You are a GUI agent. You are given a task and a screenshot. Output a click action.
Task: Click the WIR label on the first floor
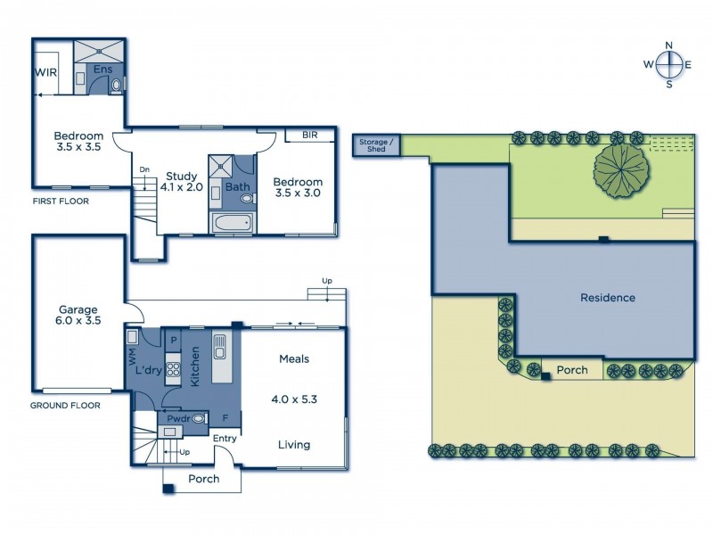[x=46, y=72]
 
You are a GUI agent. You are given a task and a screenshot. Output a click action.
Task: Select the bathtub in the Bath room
[x=232, y=221]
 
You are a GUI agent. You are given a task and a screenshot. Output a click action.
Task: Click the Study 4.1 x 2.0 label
[x=182, y=181]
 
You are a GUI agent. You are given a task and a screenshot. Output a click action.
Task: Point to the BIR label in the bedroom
[x=310, y=136]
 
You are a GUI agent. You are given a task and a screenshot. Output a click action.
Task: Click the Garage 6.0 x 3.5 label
[x=79, y=317]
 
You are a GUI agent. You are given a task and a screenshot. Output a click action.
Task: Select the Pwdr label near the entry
[x=176, y=417]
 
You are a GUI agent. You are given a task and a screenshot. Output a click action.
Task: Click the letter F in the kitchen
[x=225, y=416]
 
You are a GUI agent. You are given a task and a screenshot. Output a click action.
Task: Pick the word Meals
[x=294, y=358]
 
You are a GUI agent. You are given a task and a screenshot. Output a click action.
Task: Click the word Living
[x=293, y=444]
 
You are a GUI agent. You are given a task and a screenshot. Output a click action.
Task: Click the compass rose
[x=669, y=63]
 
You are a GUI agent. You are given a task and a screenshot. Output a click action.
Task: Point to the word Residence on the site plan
[x=608, y=298]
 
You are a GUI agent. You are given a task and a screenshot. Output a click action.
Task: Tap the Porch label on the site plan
[x=572, y=369]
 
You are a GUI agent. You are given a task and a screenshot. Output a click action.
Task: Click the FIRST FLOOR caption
[x=61, y=202]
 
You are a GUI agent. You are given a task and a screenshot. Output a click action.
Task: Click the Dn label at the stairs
[x=144, y=169]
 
